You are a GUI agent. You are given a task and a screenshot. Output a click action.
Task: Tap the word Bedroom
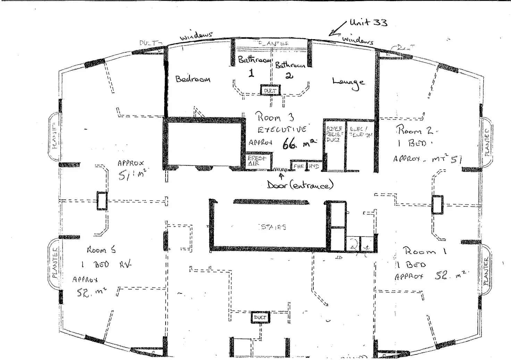click(193, 79)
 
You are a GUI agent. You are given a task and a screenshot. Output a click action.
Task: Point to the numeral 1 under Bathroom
click(251, 73)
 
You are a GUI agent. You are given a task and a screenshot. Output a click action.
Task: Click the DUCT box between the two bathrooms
click(270, 90)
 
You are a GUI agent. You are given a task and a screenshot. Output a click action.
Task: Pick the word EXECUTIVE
click(282, 129)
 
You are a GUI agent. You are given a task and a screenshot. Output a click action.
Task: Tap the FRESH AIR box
click(257, 161)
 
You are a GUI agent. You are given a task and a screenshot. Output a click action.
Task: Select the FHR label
click(299, 166)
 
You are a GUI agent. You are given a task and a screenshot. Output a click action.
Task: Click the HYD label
click(313, 166)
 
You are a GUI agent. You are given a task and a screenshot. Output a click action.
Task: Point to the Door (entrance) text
click(300, 185)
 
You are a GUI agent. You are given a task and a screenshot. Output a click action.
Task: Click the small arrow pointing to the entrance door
click(282, 175)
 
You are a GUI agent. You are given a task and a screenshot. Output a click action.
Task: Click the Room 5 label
click(101, 250)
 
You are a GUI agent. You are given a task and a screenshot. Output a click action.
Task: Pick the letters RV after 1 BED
click(125, 265)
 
